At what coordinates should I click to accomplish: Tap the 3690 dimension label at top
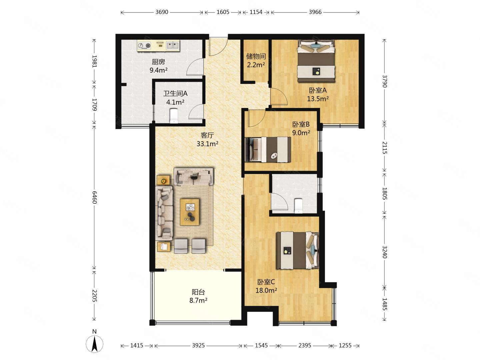click(x=162, y=12)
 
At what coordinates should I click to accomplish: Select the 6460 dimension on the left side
click(x=94, y=197)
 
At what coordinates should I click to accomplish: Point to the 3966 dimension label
click(x=315, y=12)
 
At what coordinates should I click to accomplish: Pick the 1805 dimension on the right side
click(x=385, y=193)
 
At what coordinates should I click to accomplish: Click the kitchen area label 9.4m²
click(x=159, y=70)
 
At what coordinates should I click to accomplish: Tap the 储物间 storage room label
click(x=256, y=56)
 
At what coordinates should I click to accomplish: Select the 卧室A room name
click(x=318, y=90)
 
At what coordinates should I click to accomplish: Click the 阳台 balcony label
click(x=198, y=292)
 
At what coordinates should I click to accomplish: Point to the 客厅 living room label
click(x=207, y=135)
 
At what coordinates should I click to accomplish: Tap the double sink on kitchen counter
click(x=173, y=45)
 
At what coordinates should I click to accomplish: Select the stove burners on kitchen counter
click(x=144, y=45)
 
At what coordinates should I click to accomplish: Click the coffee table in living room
click(x=190, y=212)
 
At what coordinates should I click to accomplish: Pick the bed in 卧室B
click(x=268, y=150)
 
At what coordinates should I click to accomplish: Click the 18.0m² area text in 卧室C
click(x=266, y=290)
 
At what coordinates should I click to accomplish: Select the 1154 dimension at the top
click(x=256, y=12)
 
